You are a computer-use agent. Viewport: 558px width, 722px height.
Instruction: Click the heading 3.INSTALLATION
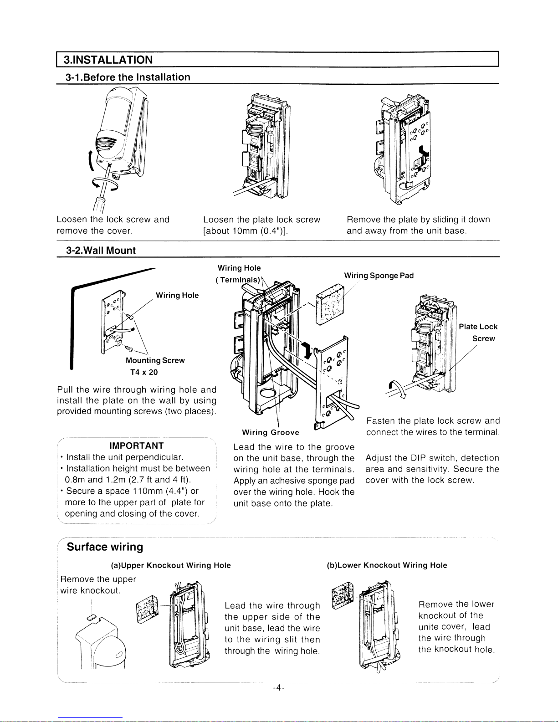click(x=108, y=60)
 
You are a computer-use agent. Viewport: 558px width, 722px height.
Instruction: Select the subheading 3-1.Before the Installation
click(x=128, y=77)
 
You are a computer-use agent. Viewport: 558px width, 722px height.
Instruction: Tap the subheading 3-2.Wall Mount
click(x=101, y=250)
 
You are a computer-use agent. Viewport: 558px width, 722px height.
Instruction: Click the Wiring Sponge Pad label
click(x=379, y=276)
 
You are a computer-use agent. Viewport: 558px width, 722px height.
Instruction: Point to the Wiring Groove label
click(x=271, y=432)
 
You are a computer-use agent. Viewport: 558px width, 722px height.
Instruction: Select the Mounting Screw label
click(x=155, y=360)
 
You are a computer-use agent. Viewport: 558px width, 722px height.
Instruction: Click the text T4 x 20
click(x=144, y=372)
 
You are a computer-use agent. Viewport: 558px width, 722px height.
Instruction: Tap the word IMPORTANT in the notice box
click(x=137, y=445)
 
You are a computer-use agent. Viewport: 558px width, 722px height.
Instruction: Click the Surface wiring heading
click(x=105, y=547)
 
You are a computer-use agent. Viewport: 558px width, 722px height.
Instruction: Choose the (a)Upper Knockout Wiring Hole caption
click(x=171, y=565)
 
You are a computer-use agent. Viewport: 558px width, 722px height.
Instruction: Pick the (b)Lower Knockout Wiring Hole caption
click(x=387, y=565)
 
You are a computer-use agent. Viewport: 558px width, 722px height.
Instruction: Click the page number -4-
click(x=279, y=687)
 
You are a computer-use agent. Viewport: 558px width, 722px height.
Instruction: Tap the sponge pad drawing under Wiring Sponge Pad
click(x=330, y=304)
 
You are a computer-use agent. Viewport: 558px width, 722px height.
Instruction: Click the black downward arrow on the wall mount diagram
click(x=308, y=351)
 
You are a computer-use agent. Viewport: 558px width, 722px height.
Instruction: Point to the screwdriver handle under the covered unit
click(x=98, y=204)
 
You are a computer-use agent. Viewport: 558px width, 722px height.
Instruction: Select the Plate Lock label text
click(x=478, y=327)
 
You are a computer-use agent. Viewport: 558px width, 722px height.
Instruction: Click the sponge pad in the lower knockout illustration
click(x=343, y=596)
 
